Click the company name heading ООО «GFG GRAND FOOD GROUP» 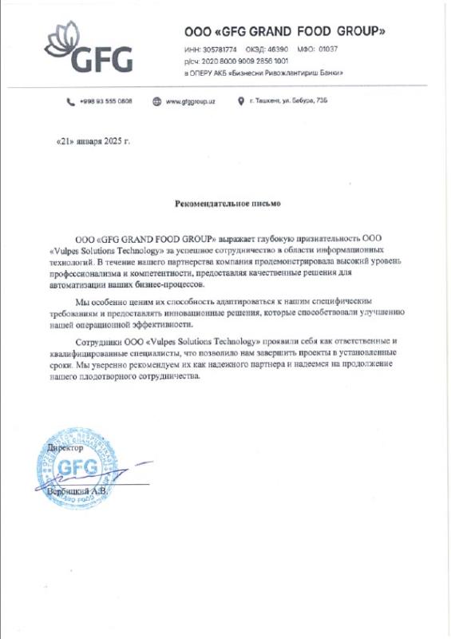tap(285, 31)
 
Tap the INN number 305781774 tap(220, 50)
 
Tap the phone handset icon tap(71, 101)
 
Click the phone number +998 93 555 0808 tap(106, 101)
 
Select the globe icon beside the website tap(157, 101)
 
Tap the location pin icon tap(240, 101)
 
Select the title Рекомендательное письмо tap(227, 204)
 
